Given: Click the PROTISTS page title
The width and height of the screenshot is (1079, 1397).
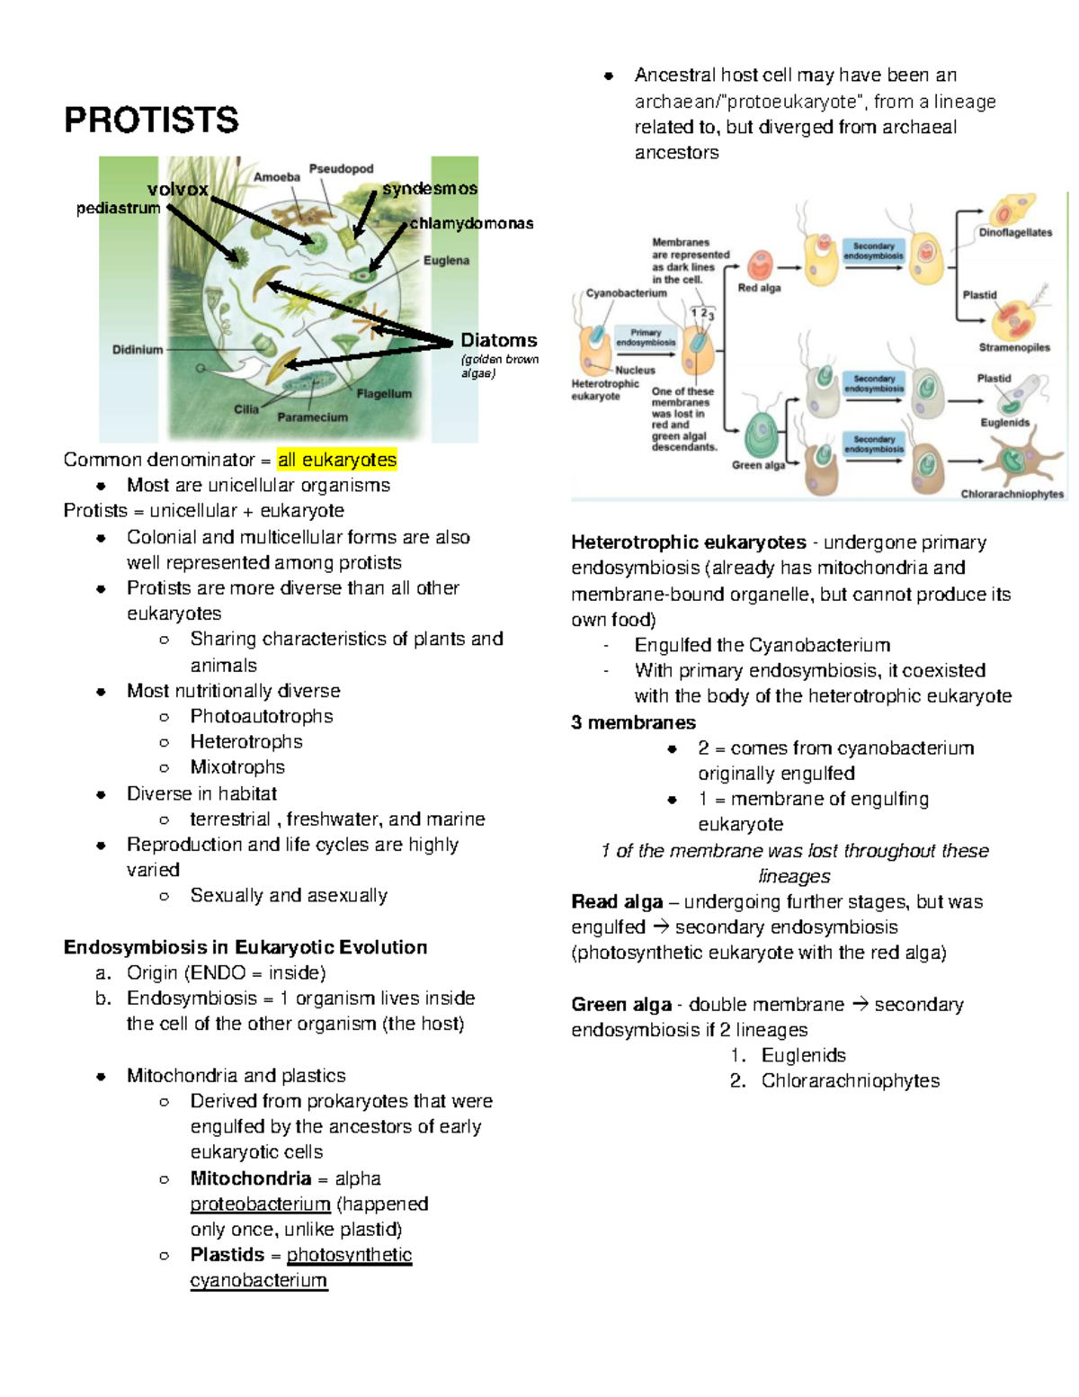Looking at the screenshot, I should (x=151, y=120).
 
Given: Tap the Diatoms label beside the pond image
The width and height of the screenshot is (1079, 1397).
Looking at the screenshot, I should (x=498, y=340).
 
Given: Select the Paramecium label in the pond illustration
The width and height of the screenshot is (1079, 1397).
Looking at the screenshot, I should (x=312, y=417).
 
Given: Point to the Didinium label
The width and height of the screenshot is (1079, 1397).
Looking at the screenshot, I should (x=138, y=349).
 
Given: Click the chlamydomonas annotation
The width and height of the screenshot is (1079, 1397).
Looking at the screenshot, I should (x=471, y=223).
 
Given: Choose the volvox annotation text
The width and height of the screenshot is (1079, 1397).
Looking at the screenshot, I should (x=177, y=189).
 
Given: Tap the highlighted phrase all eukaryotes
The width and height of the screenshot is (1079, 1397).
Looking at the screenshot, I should (x=337, y=460).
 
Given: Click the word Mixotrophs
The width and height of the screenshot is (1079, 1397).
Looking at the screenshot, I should (x=237, y=767).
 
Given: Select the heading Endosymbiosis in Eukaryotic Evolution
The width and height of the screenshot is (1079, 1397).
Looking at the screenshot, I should (x=245, y=947).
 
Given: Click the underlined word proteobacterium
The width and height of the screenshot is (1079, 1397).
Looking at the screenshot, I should (x=260, y=1204).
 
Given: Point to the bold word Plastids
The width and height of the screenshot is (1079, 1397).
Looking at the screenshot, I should (x=227, y=1255).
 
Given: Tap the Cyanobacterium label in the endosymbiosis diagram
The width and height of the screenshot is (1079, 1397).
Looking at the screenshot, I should (x=626, y=293).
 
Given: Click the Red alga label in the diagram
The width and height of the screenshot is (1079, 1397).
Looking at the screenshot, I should (x=759, y=288).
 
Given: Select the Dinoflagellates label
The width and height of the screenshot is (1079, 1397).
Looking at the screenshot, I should (x=1015, y=232).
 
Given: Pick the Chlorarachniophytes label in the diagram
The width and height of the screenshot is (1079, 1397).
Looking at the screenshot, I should (x=1012, y=494).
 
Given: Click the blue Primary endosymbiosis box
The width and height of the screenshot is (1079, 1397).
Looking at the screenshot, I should (x=646, y=337).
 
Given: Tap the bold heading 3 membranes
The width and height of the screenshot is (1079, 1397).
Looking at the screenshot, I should (x=633, y=722).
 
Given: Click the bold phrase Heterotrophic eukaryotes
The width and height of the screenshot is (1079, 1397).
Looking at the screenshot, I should (x=689, y=542).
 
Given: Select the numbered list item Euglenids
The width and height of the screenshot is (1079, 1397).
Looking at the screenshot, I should (x=803, y=1055).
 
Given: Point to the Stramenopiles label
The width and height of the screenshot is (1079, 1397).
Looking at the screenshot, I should (x=1014, y=347).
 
